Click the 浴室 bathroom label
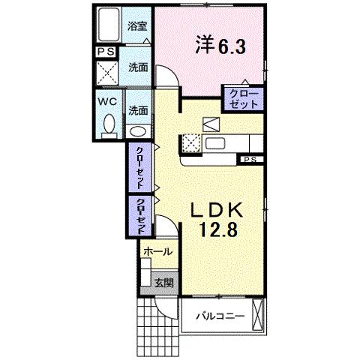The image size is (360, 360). [136, 25]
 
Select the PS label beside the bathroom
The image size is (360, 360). [105, 52]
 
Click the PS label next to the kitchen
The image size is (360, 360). [249, 159]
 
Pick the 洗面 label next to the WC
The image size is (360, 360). [137, 109]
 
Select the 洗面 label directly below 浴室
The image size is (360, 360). [137, 67]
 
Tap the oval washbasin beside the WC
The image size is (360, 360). [139, 130]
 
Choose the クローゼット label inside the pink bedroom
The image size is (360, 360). [241, 97]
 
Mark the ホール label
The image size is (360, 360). [157, 251]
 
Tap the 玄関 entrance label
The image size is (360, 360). [164, 283]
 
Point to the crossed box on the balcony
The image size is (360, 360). [259, 313]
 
